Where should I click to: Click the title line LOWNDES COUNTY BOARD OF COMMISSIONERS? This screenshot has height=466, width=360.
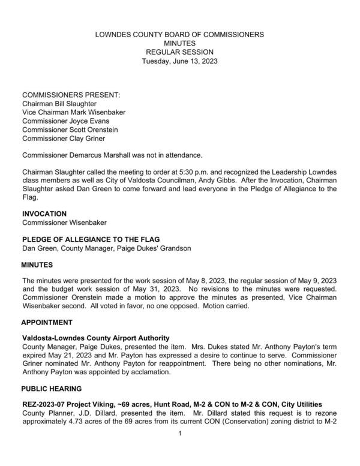[x=179, y=35]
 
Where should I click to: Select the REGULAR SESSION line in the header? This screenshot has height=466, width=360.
[x=179, y=53]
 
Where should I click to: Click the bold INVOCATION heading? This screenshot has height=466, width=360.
[x=44, y=214]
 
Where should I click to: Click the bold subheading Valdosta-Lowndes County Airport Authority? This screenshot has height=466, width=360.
[x=95, y=338]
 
